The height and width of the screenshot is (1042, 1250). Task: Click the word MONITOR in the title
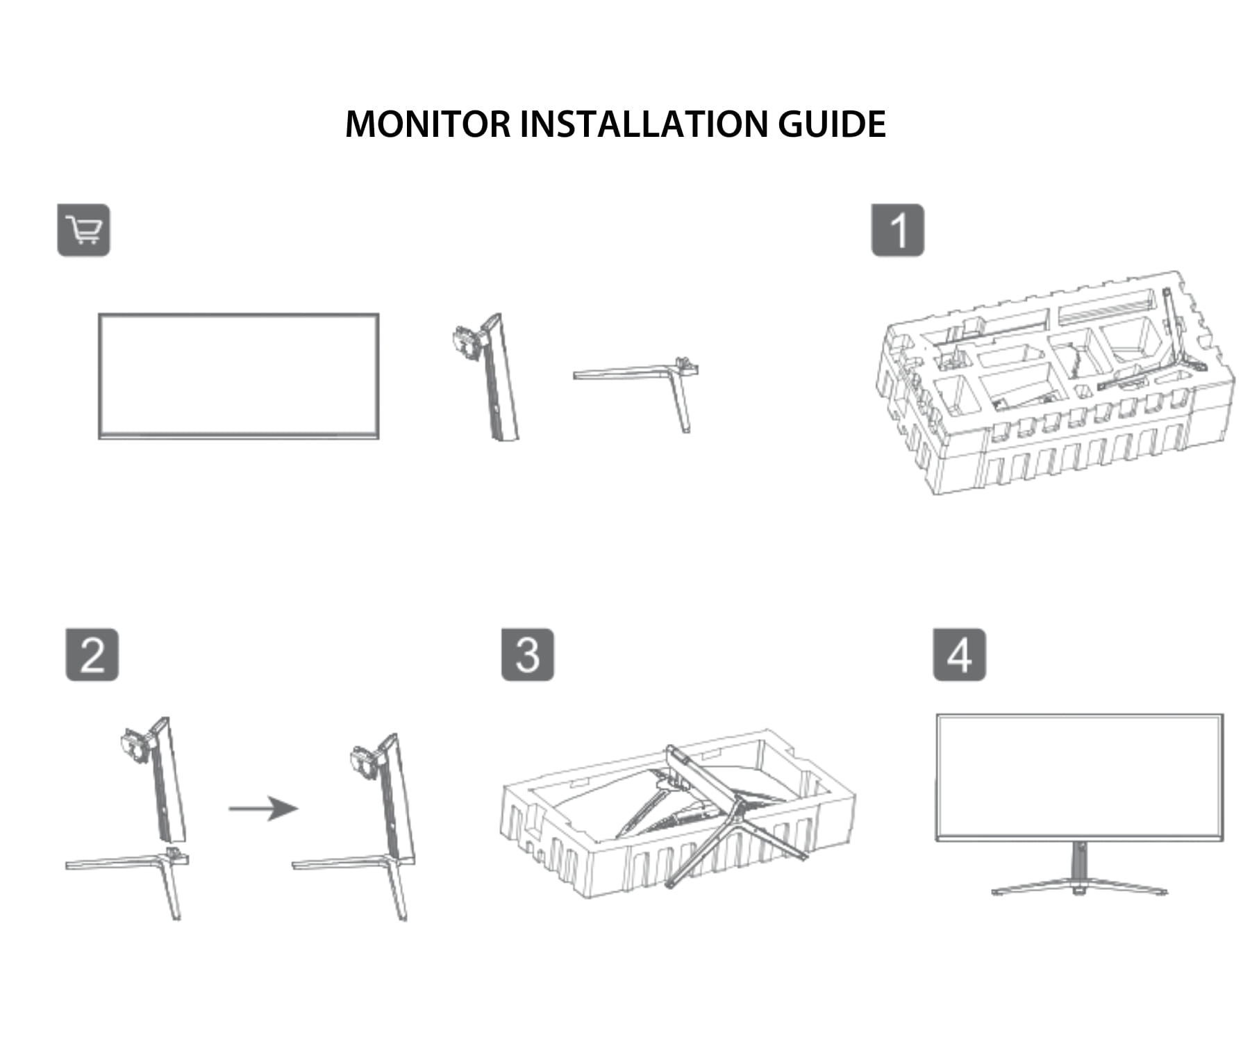point(427,124)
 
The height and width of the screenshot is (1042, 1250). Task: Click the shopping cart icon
point(83,230)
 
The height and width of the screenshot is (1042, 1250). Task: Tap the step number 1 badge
point(897,230)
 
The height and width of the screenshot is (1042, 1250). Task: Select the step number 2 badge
point(92,654)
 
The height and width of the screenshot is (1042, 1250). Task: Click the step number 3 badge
point(527,654)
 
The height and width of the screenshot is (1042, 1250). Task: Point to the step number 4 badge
point(958,654)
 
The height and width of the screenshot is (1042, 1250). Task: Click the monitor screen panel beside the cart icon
point(238,376)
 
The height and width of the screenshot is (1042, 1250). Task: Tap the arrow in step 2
point(264,808)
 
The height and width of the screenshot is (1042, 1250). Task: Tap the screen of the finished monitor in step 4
point(1079,775)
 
